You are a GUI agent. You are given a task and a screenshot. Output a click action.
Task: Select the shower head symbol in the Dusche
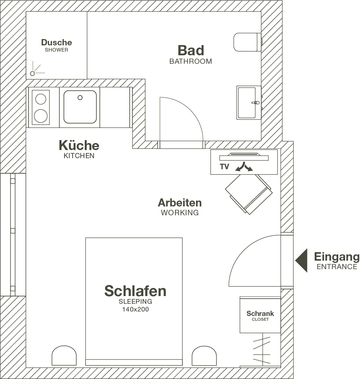tap(32, 73)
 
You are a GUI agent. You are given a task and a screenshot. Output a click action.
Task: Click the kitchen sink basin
tap(80, 107)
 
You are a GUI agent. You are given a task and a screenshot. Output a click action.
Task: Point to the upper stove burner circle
tap(41, 99)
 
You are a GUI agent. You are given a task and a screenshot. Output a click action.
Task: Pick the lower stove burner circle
tap(41, 116)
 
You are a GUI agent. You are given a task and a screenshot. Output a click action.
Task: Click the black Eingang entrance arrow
tap(301, 260)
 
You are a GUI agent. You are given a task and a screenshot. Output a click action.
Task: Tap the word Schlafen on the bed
tap(135, 291)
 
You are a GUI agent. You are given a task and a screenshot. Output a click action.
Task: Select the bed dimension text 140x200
tap(135, 309)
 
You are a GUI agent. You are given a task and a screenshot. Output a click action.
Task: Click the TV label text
tap(224, 167)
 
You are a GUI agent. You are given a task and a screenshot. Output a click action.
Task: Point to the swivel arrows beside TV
tap(244, 167)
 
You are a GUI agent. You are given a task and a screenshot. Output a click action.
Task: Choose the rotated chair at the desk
tap(249, 194)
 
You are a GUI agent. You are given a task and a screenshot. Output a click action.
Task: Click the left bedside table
tap(64, 355)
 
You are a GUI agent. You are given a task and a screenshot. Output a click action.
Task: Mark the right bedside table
tap(204, 355)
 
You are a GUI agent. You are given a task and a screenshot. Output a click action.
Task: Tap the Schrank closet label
tap(260, 316)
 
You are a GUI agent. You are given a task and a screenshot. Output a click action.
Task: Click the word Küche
tap(79, 145)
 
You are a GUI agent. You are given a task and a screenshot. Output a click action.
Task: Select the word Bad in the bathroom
tap(191, 51)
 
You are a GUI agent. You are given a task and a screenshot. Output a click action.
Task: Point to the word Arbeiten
tap(180, 202)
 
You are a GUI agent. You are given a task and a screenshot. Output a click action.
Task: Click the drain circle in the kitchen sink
tap(80, 98)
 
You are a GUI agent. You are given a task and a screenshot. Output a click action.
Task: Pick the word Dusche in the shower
tap(56, 42)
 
